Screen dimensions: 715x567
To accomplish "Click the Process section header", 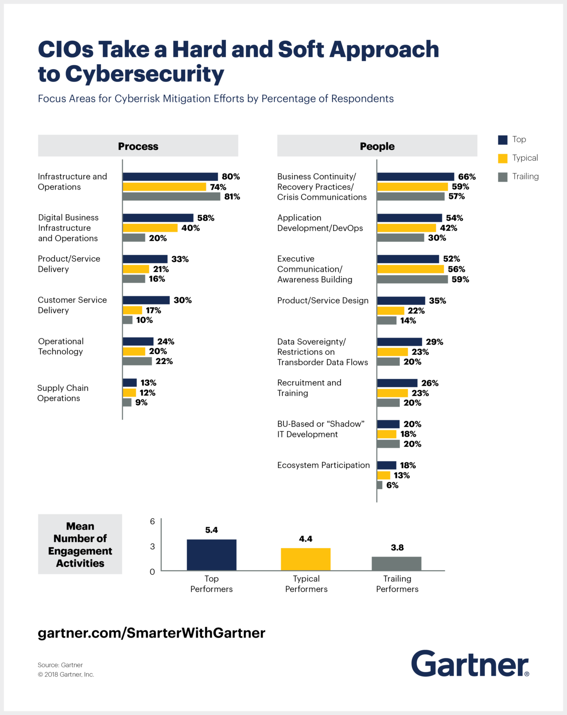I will [x=138, y=146].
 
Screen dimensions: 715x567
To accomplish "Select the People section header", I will [x=377, y=146].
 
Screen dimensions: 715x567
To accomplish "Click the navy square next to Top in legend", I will [x=502, y=140].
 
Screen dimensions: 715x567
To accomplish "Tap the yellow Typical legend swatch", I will [x=502, y=158].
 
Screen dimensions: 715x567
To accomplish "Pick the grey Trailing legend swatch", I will [x=502, y=177].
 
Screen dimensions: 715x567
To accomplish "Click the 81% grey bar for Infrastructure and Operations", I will [x=171, y=197].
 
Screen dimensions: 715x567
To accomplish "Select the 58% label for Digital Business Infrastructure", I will [x=206, y=218].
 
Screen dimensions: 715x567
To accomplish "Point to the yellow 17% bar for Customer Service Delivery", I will [x=132, y=310].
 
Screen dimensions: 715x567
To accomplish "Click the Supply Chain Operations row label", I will [x=62, y=393].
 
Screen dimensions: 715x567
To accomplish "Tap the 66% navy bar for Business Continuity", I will [x=416, y=177].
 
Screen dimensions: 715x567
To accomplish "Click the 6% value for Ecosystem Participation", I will [x=392, y=486].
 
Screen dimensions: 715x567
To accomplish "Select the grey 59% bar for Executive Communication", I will [x=412, y=280].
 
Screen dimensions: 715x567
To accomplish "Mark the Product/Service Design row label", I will [x=322, y=300].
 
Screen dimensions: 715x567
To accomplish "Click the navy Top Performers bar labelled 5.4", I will [x=211, y=555].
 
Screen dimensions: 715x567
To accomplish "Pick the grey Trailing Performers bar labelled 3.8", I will [x=396, y=563].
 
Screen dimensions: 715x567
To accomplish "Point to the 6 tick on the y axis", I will [x=152, y=521].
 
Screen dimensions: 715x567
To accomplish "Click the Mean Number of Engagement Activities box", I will [x=80, y=544].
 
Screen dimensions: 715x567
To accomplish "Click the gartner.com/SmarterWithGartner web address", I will [x=151, y=633].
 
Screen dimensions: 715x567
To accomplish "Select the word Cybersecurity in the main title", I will [x=144, y=74].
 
